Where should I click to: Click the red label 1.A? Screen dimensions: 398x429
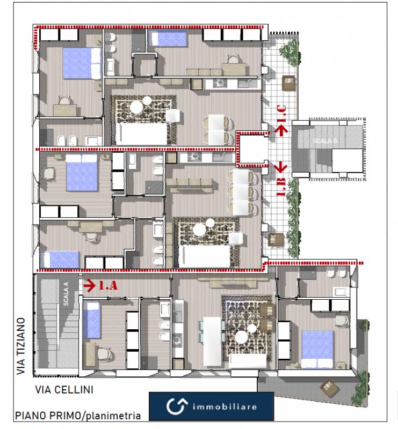click(x=108, y=285)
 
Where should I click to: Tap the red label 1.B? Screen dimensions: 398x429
click(x=281, y=187)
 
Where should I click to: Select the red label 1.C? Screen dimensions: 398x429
click(x=281, y=113)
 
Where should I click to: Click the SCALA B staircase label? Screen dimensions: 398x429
click(x=325, y=141)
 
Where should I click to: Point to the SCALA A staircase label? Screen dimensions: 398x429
click(x=66, y=294)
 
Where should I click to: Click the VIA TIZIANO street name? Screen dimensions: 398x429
click(x=21, y=346)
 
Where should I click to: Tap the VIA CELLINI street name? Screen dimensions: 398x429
click(x=64, y=390)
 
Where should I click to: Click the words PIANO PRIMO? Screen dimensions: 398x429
click(x=48, y=416)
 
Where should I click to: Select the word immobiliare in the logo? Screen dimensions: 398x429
click(x=225, y=407)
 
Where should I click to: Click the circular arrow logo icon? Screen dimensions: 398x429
click(x=177, y=406)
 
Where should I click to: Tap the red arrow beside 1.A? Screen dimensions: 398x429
click(x=90, y=285)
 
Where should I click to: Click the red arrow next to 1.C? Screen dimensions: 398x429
click(x=281, y=130)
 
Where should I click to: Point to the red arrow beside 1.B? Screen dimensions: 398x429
click(x=281, y=167)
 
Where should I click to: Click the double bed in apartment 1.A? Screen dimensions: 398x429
click(x=317, y=349)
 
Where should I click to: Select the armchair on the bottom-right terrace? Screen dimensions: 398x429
click(x=330, y=387)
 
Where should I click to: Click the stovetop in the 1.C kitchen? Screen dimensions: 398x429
click(x=220, y=83)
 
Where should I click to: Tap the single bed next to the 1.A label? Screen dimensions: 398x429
click(x=91, y=320)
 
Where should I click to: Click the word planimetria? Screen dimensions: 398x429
click(x=113, y=416)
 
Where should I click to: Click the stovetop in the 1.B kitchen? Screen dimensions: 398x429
click(x=194, y=157)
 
